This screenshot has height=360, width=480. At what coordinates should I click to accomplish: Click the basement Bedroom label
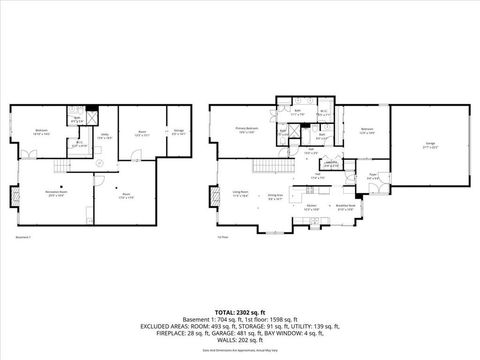point(39,130)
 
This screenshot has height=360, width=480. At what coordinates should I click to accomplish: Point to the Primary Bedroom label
point(245,130)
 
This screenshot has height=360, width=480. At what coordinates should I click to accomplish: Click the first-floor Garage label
point(430,144)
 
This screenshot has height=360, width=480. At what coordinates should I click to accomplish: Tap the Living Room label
point(240,194)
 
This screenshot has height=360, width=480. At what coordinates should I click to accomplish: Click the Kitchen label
point(312,208)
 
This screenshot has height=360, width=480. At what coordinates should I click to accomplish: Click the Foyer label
point(373,175)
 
